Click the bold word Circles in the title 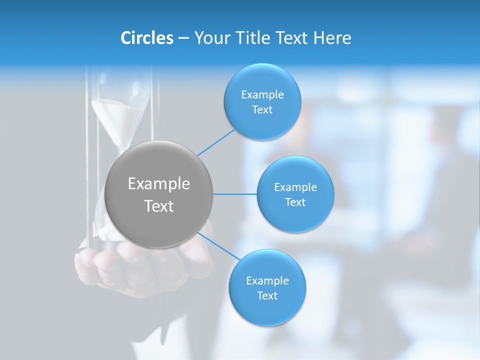(146, 38)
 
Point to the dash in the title (183, 38)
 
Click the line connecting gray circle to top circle (216, 142)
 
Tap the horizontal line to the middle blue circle (235, 194)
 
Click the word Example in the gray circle (159, 184)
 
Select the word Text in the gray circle (159, 206)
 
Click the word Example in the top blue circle (262, 95)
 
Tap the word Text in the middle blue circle (295, 202)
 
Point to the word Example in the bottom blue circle (267, 281)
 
